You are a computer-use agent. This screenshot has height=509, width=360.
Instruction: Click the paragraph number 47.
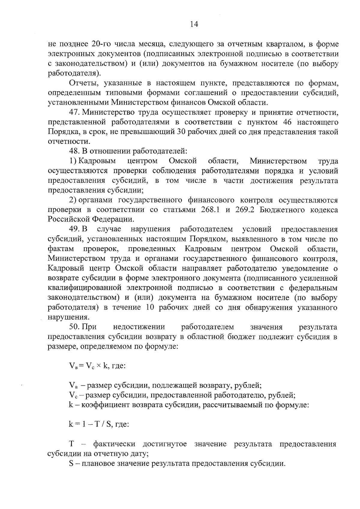pyautogui.click(x=74, y=112)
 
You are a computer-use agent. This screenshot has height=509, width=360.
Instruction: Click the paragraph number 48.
pyautogui.click(x=74, y=151)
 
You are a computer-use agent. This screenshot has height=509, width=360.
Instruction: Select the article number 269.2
pyautogui.click(x=245, y=210)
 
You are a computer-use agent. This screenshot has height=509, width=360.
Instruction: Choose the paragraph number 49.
pyautogui.click(x=74, y=229)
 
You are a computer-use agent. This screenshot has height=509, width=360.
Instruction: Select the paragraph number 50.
pyautogui.click(x=74, y=327)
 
